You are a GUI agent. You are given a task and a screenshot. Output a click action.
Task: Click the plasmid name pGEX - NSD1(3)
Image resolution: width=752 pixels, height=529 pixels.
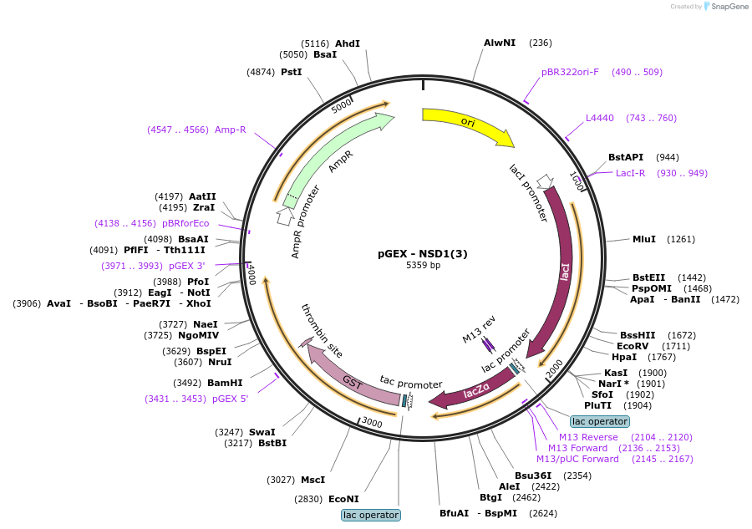point(423,254)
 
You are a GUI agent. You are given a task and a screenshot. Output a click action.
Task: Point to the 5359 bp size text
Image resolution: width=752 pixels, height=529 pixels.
point(423,265)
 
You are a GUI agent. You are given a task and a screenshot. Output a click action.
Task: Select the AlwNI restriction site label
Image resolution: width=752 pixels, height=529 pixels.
point(500,43)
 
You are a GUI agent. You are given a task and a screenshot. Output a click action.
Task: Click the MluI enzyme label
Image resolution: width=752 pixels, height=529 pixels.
point(644,239)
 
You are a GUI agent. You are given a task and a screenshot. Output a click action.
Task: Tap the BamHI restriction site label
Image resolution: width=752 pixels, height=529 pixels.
point(225,383)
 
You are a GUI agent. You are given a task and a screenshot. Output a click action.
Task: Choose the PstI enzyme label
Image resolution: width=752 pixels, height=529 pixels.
point(291,72)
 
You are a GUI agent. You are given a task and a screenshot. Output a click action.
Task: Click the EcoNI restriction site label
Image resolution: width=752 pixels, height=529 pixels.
point(343,499)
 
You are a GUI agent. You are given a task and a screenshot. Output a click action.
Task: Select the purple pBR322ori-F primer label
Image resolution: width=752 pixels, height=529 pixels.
point(570,72)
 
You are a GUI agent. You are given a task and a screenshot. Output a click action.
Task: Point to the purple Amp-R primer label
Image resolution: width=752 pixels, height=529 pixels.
point(231,130)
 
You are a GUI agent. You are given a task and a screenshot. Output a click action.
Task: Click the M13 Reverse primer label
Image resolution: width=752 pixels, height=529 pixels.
point(588,437)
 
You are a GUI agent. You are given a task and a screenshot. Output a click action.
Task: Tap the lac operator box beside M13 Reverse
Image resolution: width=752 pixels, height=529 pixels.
point(600,421)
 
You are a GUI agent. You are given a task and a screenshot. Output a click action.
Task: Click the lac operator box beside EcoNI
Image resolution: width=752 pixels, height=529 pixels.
point(371,515)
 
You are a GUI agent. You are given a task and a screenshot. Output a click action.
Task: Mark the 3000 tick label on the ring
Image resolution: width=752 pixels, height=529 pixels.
point(372,423)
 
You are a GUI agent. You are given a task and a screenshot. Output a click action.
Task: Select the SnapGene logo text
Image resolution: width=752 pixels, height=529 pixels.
point(729,6)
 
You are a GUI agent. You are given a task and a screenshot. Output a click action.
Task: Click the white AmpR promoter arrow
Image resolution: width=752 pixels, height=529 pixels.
point(285,216)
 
